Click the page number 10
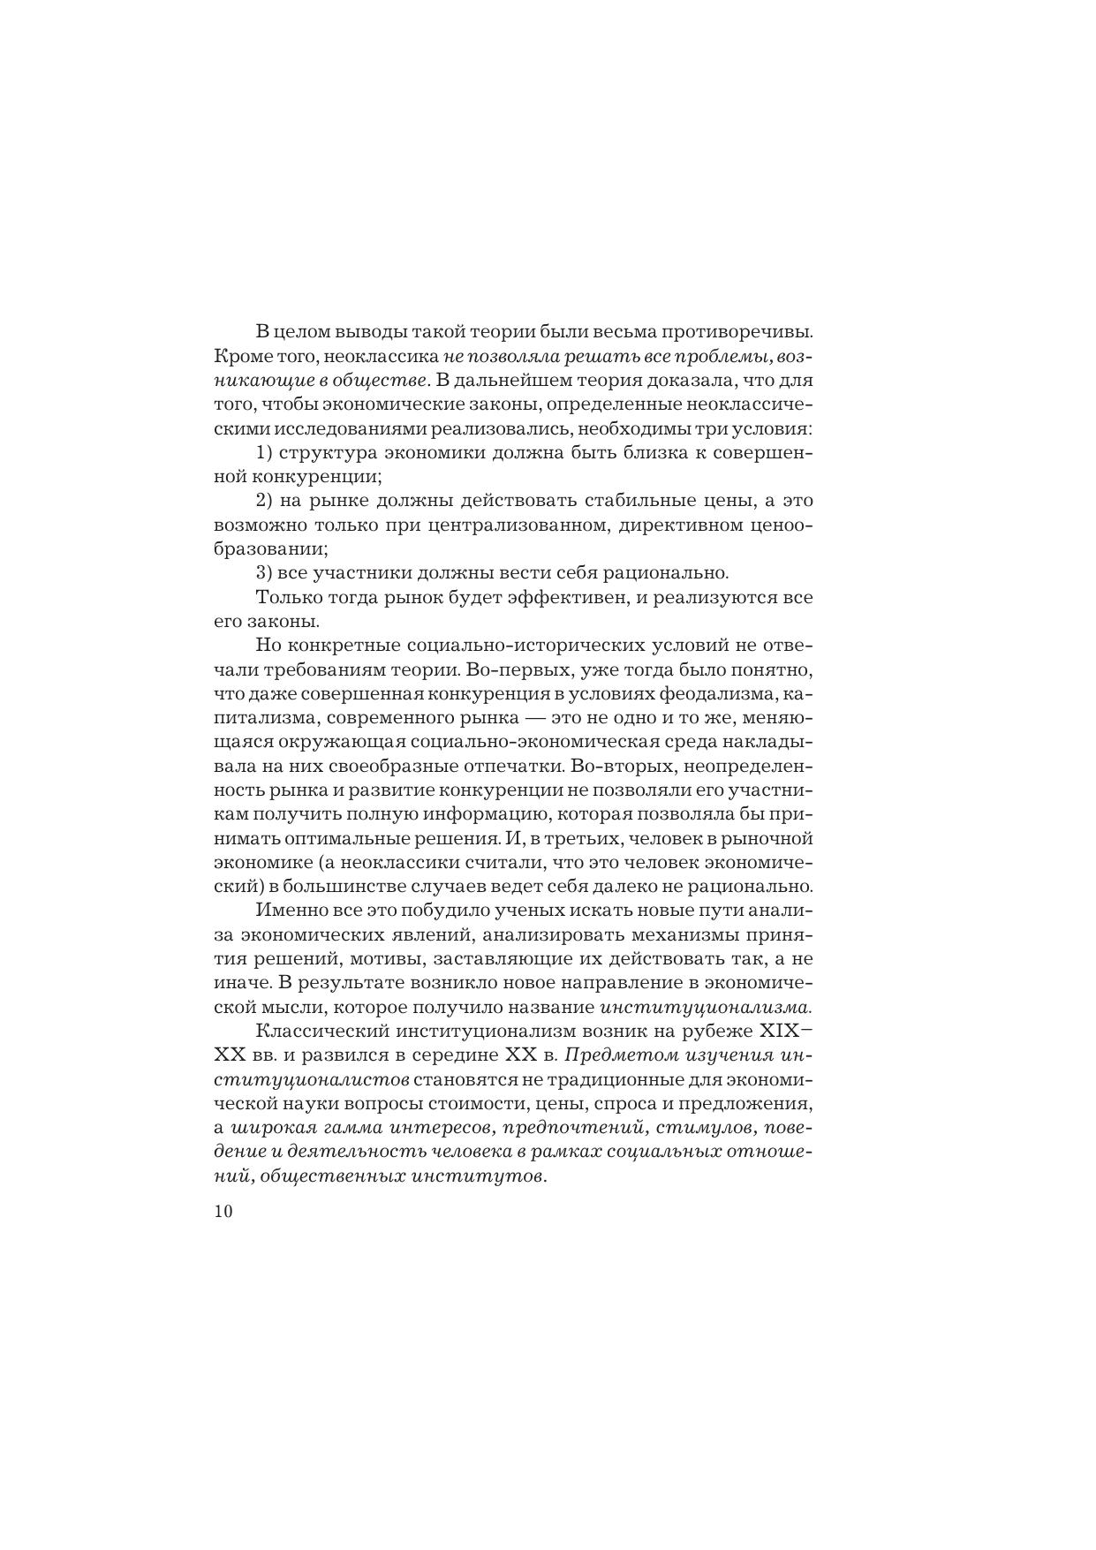click(x=223, y=1212)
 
